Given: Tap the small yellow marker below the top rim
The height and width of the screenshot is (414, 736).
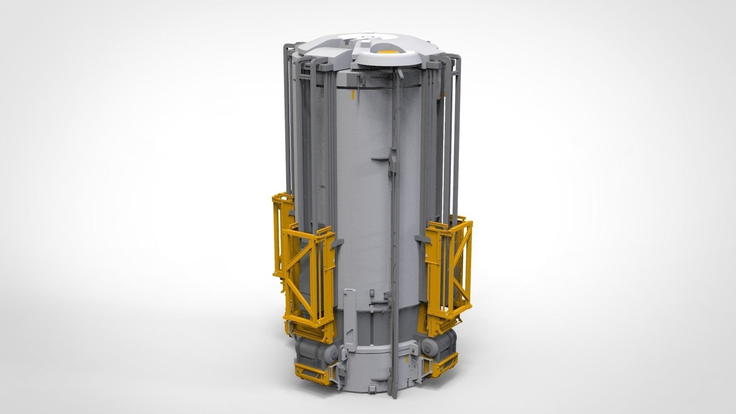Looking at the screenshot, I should [353, 95].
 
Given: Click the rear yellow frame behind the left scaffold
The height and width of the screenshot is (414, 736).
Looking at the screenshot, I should [282, 216].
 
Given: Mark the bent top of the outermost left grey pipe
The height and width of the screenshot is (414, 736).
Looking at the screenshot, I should [288, 46].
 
